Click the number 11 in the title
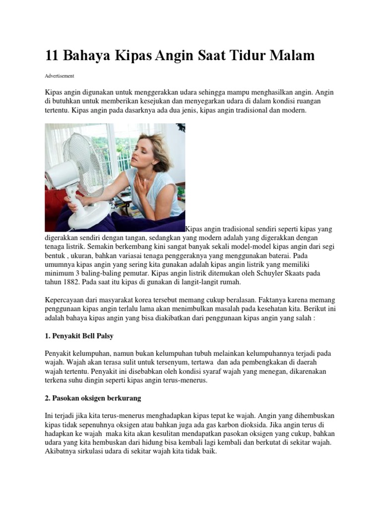pyautogui.click(x=52, y=56)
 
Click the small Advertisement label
pyautogui.click(x=59, y=76)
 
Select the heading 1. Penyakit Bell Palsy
pyautogui.click(x=79, y=336)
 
